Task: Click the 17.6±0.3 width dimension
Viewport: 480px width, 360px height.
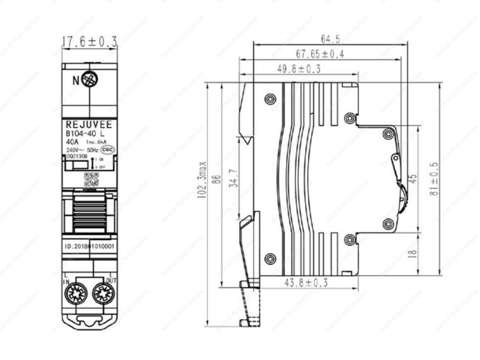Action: (89, 42)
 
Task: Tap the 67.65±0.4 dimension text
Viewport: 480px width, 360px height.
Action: (320, 54)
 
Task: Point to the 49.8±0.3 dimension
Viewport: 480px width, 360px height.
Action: (299, 69)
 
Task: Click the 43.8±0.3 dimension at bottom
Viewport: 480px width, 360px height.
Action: (306, 282)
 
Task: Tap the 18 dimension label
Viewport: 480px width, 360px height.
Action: (412, 253)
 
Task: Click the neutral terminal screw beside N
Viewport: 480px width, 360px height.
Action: (89, 80)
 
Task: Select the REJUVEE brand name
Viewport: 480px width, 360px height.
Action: (88, 125)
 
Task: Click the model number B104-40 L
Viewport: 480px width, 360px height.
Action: (85, 133)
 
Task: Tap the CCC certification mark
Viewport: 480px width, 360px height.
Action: (109, 149)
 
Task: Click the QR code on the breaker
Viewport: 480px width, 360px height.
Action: (91, 179)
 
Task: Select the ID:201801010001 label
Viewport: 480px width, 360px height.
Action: (89, 247)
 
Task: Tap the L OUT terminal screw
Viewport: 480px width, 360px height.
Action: (103, 294)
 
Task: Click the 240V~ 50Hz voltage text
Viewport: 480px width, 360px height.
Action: (82, 149)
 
